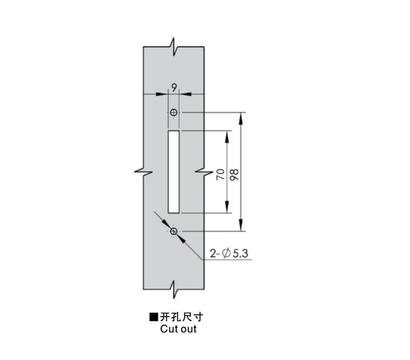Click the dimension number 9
174,87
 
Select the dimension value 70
221,174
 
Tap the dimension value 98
234,175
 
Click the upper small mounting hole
173,112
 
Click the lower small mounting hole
173,231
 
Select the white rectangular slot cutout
173,172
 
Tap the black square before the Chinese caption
154,317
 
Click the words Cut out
178,329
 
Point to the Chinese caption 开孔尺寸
181,317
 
